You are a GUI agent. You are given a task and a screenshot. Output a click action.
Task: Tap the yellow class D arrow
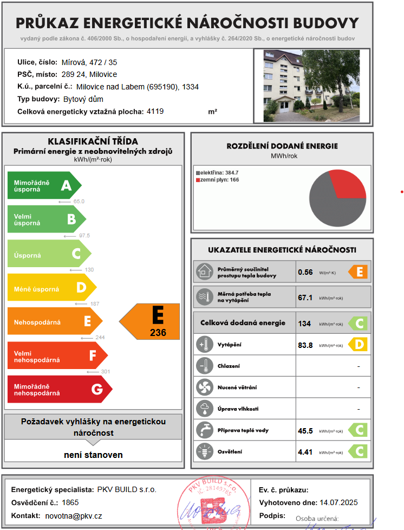pos(52,288)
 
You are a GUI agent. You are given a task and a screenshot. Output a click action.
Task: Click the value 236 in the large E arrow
pos(158,333)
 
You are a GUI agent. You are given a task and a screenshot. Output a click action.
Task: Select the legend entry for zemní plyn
pos(218,180)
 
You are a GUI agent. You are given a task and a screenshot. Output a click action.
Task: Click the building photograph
pos(311,86)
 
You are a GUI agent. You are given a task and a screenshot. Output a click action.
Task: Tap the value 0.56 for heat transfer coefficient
pos(305,272)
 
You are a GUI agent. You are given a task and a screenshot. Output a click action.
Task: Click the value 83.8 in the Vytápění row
pos(305,345)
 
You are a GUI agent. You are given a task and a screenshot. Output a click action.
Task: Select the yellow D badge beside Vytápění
pos(358,345)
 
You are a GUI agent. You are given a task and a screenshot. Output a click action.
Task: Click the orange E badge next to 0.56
pos(358,272)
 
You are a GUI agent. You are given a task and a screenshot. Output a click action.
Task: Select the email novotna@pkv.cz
pos(74,516)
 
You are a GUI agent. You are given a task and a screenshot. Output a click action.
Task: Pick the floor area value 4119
pos(155,111)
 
